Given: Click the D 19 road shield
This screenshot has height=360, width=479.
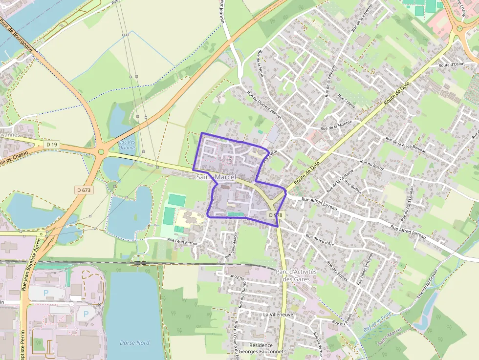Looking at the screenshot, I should click(52, 145).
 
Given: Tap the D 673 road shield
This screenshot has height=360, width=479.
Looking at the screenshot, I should click(84, 190).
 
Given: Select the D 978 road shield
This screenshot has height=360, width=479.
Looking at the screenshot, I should click(275, 215).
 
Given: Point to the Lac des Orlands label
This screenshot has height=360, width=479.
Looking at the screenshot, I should click(127, 145).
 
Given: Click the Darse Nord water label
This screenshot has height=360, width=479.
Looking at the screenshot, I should click(134, 342).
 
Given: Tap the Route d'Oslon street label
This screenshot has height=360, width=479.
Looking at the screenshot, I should click(451, 64).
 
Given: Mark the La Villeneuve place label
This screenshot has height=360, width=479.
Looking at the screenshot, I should click(278, 315).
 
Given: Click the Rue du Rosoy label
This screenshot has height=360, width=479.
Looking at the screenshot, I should click(372, 165).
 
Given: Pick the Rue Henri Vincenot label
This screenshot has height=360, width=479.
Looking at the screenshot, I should click(368, 268).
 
